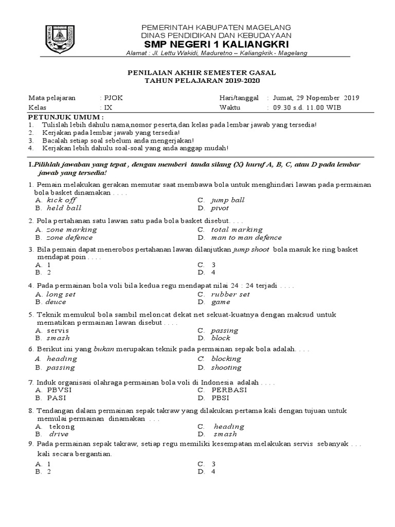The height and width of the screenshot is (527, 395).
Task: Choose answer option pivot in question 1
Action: coord(220,208)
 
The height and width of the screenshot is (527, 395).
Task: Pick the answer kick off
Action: coord(61,200)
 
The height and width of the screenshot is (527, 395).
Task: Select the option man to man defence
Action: coord(246,238)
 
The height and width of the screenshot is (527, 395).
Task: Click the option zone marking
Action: coord(71,230)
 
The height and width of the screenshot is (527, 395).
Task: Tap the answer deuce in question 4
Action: coord(57,303)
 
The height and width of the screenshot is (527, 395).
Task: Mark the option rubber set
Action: coord(230,294)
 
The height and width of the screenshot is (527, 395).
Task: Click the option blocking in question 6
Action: coord(226,359)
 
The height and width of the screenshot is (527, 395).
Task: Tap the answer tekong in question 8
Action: coord(62,427)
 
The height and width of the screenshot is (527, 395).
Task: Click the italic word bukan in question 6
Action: coord(103,349)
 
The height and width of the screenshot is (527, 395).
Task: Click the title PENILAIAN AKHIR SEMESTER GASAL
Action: coord(203,73)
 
